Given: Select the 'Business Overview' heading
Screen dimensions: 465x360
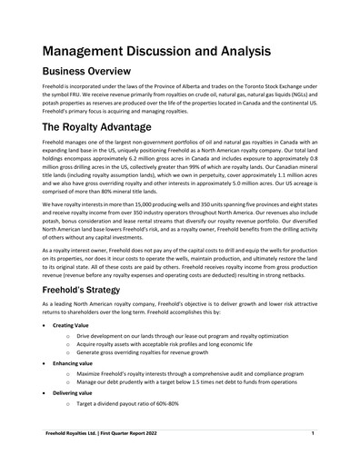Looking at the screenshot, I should [102, 74].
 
